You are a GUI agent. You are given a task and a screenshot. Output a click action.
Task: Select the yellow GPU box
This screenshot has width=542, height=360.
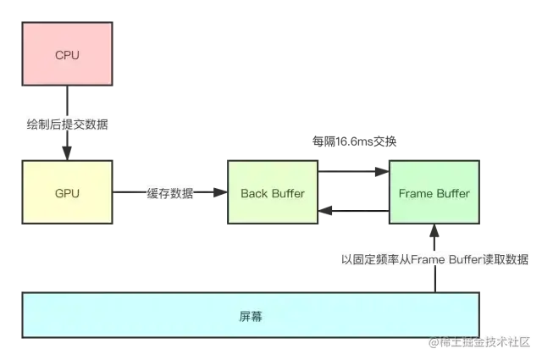click(67, 193)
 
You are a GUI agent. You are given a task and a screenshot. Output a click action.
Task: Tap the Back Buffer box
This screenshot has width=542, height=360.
click(272, 193)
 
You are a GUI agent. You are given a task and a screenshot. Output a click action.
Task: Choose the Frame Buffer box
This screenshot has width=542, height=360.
click(434, 193)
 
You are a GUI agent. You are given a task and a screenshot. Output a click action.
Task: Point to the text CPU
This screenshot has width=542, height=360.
click(67, 56)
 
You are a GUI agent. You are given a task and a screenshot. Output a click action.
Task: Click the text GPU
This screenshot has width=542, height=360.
click(67, 193)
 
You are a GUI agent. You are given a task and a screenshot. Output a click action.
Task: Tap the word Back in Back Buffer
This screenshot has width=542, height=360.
click(253, 193)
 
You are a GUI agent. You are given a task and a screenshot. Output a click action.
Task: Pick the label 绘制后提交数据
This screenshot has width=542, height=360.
click(67, 124)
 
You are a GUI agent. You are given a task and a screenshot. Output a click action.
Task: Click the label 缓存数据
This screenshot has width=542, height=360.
click(170, 194)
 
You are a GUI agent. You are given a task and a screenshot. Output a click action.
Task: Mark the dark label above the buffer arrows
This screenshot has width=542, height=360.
click(355, 141)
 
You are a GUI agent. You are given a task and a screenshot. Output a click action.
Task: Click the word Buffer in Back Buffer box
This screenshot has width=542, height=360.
click(288, 193)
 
